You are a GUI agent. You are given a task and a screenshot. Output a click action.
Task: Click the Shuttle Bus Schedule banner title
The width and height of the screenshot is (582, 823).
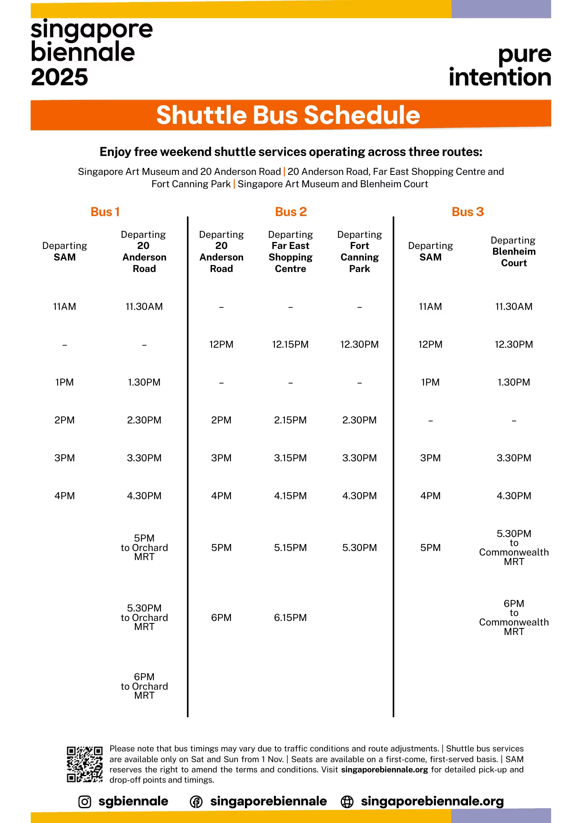click(x=288, y=115)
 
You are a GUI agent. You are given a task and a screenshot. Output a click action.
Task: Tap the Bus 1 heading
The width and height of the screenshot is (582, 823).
click(x=105, y=212)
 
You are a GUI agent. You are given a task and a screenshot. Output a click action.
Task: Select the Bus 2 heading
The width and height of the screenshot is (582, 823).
click(x=291, y=212)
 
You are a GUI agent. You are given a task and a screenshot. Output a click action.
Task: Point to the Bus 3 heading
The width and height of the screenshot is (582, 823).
click(x=468, y=212)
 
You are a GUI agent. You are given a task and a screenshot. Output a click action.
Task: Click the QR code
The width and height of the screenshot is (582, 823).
click(x=84, y=764)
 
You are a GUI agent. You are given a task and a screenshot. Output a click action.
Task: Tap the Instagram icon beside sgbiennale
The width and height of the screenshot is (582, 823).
click(x=85, y=802)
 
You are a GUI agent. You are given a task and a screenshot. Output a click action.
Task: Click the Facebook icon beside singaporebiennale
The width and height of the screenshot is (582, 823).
click(x=196, y=802)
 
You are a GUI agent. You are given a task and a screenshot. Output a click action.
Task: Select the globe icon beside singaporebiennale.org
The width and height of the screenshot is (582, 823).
click(x=347, y=802)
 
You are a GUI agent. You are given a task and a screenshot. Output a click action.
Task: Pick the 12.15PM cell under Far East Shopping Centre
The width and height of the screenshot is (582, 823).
click(x=290, y=344)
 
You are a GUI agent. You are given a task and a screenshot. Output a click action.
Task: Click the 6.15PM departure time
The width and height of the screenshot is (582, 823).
click(x=290, y=618)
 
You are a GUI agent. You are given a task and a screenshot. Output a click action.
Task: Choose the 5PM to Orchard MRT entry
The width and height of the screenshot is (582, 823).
click(x=144, y=547)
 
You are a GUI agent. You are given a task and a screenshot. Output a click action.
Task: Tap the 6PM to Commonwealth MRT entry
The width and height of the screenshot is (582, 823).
click(x=514, y=617)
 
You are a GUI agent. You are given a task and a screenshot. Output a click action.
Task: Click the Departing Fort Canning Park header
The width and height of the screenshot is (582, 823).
click(x=359, y=251)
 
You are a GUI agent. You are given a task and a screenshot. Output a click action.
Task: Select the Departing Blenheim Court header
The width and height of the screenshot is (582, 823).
click(x=513, y=251)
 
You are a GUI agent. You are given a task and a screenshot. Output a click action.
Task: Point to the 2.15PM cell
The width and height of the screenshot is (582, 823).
click(x=290, y=420)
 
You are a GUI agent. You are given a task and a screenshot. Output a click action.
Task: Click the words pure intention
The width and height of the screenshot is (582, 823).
click(x=501, y=66)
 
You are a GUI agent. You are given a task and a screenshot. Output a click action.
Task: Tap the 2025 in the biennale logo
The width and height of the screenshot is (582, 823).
click(x=59, y=77)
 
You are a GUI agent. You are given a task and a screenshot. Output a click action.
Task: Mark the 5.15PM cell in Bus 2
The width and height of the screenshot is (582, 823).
click(x=290, y=548)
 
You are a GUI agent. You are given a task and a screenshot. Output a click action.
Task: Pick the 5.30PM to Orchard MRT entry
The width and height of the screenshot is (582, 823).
click(x=144, y=617)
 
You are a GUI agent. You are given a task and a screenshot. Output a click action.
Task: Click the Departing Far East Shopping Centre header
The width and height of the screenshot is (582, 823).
click(x=290, y=251)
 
